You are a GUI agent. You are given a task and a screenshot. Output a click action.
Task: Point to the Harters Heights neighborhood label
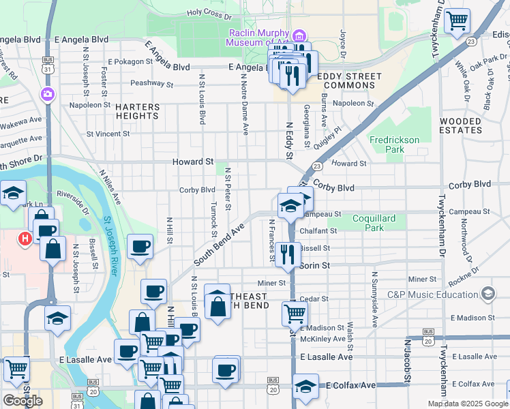(x=137, y=111)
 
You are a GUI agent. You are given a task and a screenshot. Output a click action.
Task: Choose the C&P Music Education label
(x=432, y=294)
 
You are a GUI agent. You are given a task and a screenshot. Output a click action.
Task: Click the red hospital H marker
(x=25, y=238)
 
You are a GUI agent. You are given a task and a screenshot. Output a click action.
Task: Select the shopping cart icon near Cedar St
(x=295, y=313)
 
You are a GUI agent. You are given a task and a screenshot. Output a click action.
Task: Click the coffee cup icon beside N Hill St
(x=140, y=245)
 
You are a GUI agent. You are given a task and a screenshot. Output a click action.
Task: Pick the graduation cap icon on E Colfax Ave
(x=305, y=385)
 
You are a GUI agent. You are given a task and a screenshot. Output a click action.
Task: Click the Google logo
(x=22, y=401)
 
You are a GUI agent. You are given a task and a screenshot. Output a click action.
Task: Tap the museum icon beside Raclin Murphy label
(x=298, y=35)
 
